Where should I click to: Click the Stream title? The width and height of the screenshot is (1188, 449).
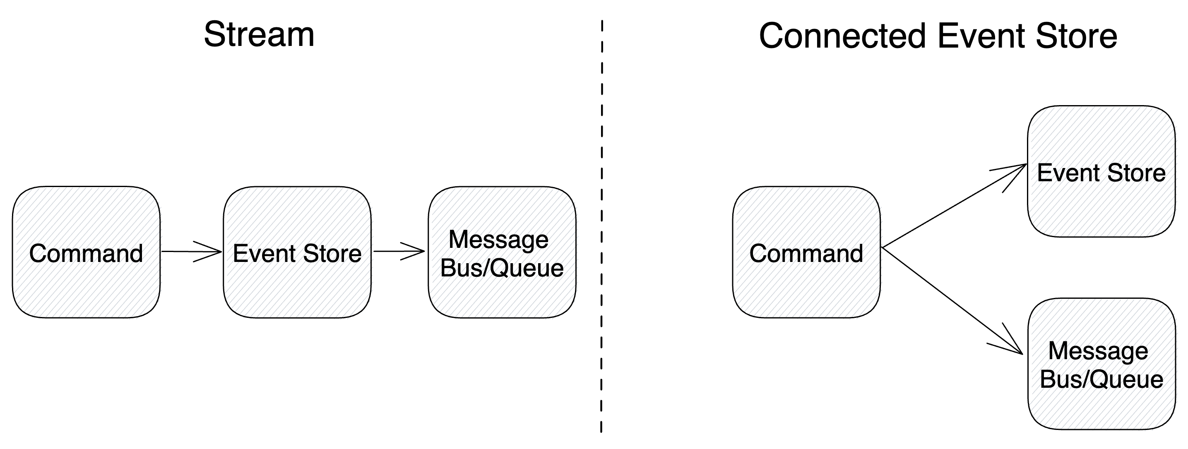pos(259,35)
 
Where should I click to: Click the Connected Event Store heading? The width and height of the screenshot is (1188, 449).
pos(938,36)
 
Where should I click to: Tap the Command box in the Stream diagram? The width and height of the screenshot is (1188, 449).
pos(86,252)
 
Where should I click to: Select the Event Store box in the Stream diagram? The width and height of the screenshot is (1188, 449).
pos(297,252)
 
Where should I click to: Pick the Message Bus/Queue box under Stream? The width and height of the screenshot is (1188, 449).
pos(502,252)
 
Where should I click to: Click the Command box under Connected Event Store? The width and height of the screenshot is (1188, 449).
pos(806,252)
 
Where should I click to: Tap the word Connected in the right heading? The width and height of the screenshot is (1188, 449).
pos(842,36)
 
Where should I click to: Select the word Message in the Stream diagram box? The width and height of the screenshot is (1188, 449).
pos(498,239)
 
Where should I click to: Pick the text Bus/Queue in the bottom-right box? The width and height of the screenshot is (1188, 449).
pos(1101,379)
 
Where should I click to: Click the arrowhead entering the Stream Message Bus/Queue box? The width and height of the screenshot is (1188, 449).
pos(415,252)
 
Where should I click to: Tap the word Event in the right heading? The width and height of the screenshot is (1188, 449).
pos(982,36)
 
